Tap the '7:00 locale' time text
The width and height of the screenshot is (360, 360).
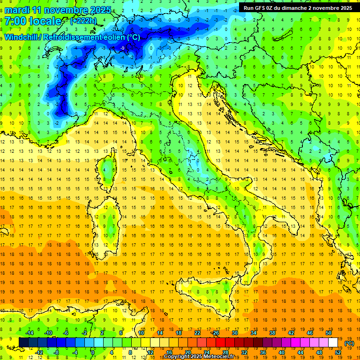[33, 21]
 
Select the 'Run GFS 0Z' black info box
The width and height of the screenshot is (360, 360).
[298, 7]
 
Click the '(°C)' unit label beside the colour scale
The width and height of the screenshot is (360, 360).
[349, 343]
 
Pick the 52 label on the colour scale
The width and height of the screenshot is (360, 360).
[338, 352]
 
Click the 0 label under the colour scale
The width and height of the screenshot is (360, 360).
[93, 352]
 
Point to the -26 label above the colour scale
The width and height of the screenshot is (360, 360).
[215, 333]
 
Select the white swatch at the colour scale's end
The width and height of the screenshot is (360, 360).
[333, 343]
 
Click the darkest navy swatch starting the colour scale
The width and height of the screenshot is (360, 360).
[23, 343]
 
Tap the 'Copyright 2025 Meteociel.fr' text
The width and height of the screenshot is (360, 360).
[202, 357]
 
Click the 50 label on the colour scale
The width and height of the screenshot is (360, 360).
[329, 333]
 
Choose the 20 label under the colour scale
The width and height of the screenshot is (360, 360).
[187, 352]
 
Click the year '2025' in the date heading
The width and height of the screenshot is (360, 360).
[101, 10]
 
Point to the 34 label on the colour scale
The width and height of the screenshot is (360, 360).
[253, 333]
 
